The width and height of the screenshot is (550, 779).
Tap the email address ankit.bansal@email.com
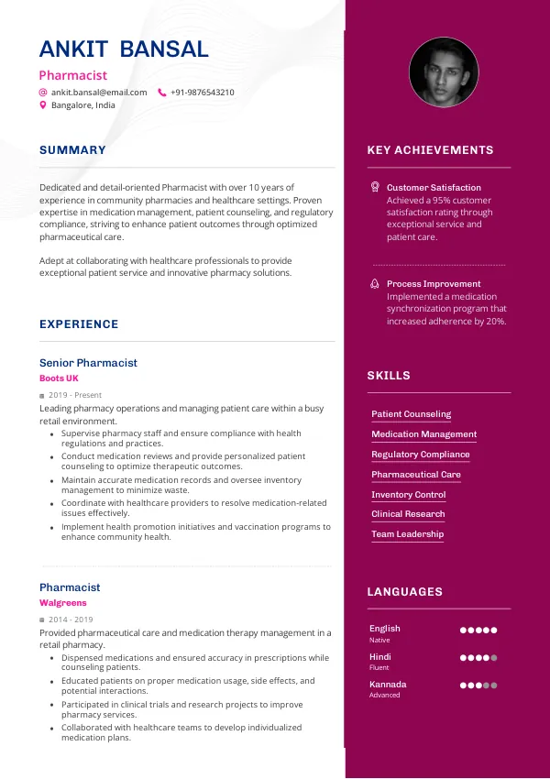point(99,93)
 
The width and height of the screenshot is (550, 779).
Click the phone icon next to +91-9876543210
point(162,93)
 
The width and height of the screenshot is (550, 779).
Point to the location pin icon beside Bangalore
point(42,105)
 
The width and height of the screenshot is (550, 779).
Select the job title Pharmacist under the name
point(73,75)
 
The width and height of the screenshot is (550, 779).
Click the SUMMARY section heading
point(72,150)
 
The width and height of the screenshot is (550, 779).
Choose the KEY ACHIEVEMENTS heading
point(430,150)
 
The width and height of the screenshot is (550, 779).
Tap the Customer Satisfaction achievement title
point(434,188)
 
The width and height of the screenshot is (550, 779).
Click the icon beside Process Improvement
point(374,284)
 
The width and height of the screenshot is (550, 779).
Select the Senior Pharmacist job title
point(88,363)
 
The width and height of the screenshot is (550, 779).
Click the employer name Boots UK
point(59,378)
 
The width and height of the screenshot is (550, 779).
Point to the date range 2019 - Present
point(75,395)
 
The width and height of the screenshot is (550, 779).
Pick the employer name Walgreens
point(63,603)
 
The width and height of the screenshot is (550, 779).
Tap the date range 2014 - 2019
point(70,620)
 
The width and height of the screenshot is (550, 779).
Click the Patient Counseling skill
point(411,414)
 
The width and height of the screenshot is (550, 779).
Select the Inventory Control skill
point(408,495)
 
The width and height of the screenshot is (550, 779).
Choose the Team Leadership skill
point(407,534)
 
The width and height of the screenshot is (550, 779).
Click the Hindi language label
point(380,657)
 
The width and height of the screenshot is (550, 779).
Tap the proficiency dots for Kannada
point(478,686)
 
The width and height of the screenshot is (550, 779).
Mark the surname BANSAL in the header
point(165,49)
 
